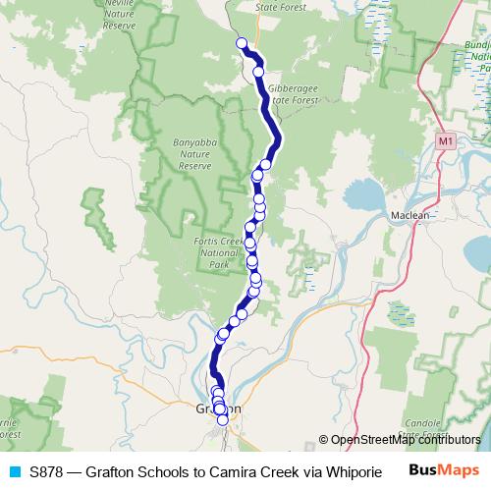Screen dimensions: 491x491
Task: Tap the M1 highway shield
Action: [447, 141]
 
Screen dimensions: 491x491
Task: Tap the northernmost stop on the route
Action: [241, 42]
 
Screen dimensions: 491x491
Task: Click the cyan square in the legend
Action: [14, 471]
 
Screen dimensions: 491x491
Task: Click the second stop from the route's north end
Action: [258, 71]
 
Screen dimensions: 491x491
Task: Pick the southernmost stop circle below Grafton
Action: [223, 420]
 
